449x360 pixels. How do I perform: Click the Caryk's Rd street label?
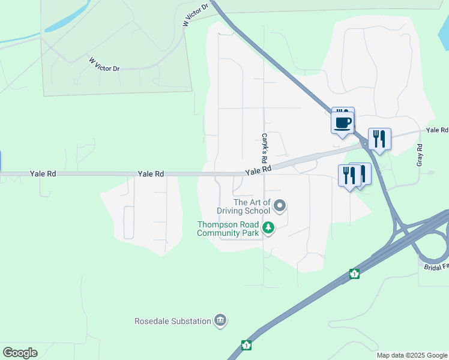[264, 149]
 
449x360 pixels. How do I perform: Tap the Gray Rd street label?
[420, 155]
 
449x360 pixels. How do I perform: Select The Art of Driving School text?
[244, 206]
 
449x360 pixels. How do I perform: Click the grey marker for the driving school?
[279, 206]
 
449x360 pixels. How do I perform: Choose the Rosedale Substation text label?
[173, 321]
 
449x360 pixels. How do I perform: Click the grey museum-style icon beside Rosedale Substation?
[220, 320]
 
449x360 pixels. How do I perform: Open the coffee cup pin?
[343, 122]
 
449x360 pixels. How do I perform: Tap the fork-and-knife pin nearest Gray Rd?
[379, 139]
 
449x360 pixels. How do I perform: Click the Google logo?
[20, 352]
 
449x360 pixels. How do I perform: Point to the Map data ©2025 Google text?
[411, 355]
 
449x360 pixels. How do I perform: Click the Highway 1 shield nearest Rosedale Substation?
[246, 345]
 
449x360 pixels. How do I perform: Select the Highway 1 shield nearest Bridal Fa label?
[355, 274]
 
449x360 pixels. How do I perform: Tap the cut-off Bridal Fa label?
[436, 266]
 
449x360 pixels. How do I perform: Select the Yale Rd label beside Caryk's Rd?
[258, 170]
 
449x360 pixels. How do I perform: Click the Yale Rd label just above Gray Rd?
[437, 130]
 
